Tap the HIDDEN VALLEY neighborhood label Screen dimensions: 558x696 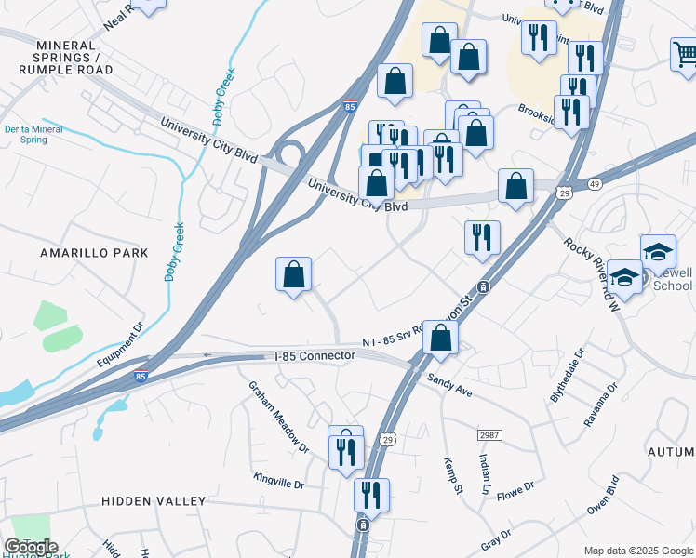153,501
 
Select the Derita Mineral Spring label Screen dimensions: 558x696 39,134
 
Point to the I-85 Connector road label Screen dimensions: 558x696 315,356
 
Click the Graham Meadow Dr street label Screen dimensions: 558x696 277,419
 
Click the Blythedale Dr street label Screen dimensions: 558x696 568,375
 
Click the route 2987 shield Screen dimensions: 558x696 489,435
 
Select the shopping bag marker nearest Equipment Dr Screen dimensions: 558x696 293,274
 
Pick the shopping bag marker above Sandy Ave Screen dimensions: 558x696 439,339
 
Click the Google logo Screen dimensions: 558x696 31,547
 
